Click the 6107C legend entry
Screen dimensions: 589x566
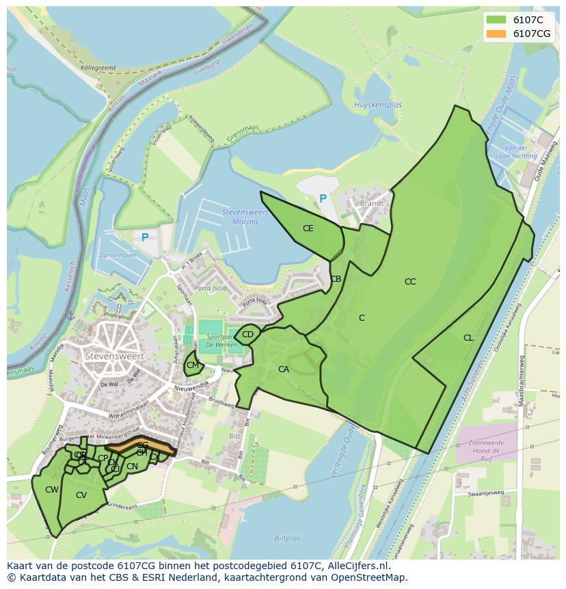coord(517,20)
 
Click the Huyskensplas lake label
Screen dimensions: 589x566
coord(378,105)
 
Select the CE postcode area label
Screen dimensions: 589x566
coord(308,228)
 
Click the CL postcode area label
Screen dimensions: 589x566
coord(468,337)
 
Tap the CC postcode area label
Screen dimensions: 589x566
coord(410,281)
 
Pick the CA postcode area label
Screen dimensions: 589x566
coord(284,369)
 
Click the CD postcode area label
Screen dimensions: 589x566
coord(247,335)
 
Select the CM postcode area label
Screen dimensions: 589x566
coord(193,365)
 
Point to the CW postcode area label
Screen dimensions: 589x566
coord(52,490)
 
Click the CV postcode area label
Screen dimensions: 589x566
coord(81,495)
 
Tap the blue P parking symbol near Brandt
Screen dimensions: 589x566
coord(323,199)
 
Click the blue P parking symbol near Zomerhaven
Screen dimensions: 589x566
coord(144,238)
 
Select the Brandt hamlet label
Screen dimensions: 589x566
coord(371,203)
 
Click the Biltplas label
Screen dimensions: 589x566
coord(287,538)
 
